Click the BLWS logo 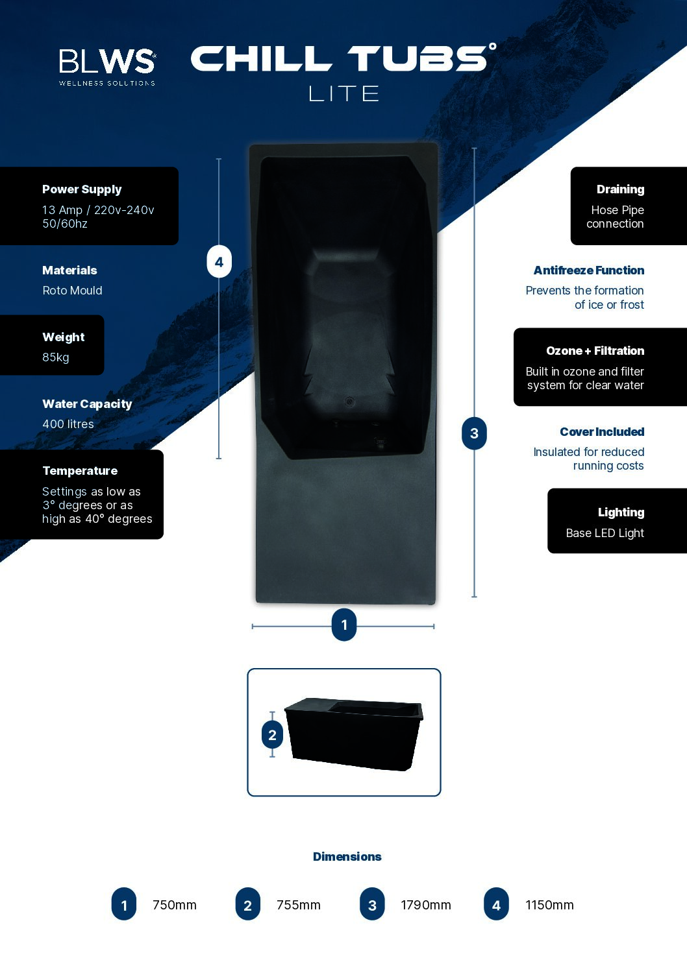point(107,67)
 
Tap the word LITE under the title point(343,93)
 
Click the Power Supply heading point(82,189)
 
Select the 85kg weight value point(56,357)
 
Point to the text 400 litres point(68,424)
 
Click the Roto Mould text point(72,291)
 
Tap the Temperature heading point(80,471)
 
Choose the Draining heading point(620,189)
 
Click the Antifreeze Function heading point(589,270)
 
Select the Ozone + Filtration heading point(595,351)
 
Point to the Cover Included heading point(602,432)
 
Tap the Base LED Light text point(605,533)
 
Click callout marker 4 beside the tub point(219,262)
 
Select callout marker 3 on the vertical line point(474,433)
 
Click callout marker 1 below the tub point(344,625)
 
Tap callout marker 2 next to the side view point(272,735)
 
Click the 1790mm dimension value point(426,905)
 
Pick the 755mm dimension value point(299,905)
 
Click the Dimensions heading point(347,856)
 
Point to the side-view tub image point(354,734)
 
